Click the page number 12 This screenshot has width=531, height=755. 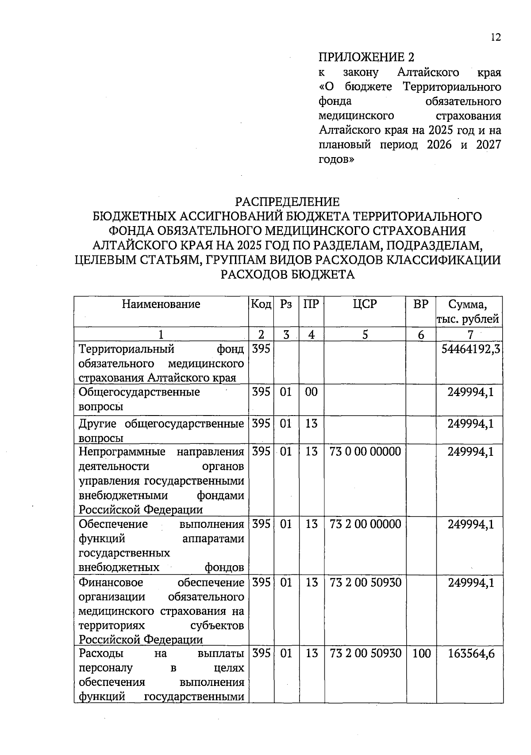coord(496,38)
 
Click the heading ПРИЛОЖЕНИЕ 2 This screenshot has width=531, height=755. coord(366,58)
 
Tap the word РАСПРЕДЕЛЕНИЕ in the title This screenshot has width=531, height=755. coord(287,202)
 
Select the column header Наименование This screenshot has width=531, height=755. coord(161,304)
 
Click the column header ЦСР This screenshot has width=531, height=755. coord(365,304)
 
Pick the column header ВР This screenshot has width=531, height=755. coord(420,304)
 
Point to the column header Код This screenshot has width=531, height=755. coord(261,304)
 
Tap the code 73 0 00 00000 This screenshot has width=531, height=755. coord(366,452)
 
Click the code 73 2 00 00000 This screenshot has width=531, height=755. coord(366,524)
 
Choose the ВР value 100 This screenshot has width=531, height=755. coord(421,654)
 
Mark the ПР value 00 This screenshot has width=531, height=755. coord(312,392)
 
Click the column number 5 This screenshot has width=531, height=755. coord(365,335)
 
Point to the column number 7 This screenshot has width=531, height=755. coord(470,335)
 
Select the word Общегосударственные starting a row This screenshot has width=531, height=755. coord(139,393)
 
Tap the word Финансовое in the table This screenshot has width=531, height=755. coord(111,583)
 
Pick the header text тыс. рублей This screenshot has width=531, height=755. coord(468,319)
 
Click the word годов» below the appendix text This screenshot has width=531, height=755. coord(336,160)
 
